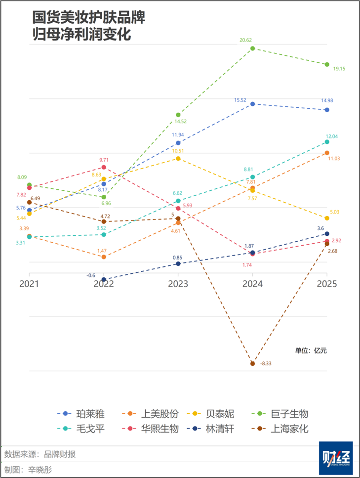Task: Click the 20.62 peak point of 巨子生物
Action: pyautogui.click(x=252, y=48)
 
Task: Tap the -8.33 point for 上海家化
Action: pyautogui.click(x=252, y=363)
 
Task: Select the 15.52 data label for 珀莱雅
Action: pyautogui.click(x=240, y=100)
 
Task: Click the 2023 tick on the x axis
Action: pyautogui.click(x=178, y=284)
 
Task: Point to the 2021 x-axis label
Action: pyautogui.click(x=29, y=284)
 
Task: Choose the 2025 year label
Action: pyautogui.click(x=326, y=284)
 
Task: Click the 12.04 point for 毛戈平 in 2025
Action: pyautogui.click(x=326, y=142)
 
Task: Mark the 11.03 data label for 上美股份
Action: pyautogui.click(x=334, y=158)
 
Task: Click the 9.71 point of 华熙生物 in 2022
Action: pyautogui.click(x=104, y=168)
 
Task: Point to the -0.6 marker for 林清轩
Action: pyautogui.click(x=104, y=279)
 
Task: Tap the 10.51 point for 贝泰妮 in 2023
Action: pyautogui.click(x=178, y=159)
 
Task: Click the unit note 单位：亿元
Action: pyautogui.click(x=311, y=350)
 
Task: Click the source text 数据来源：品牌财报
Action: pyautogui.click(x=40, y=454)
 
